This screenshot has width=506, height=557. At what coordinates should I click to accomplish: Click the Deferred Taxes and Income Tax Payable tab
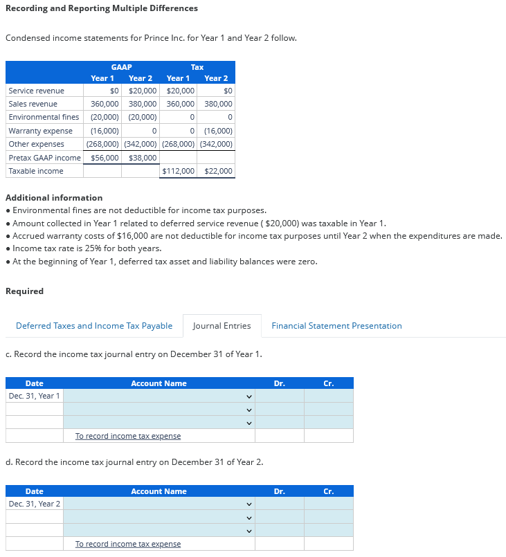94,326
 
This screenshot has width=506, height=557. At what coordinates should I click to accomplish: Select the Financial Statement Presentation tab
336,326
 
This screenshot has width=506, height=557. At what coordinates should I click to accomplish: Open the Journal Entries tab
222,326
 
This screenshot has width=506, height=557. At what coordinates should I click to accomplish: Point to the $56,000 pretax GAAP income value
105,158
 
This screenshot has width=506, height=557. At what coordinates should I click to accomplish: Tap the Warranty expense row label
40,131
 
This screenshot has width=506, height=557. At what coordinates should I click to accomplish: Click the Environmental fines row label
44,117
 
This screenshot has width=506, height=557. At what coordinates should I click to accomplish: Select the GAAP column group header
121,67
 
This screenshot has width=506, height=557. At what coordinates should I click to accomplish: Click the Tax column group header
197,67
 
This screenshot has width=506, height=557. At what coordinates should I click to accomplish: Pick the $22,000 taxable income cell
219,171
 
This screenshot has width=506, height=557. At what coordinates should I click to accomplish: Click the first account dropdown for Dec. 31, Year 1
159,396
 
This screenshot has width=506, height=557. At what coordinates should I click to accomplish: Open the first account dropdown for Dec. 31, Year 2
159,504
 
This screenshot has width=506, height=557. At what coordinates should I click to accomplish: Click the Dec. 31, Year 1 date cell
35,396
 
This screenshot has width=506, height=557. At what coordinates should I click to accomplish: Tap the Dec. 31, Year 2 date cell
35,504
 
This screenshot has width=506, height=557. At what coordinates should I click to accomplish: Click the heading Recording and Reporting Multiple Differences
102,8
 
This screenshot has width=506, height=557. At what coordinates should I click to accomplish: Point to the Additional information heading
54,198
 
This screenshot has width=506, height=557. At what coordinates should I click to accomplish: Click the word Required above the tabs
24,291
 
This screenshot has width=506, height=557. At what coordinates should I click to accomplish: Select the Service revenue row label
36,91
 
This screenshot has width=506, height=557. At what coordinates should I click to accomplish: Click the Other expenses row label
36,144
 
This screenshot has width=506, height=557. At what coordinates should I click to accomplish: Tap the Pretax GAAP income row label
44,158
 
